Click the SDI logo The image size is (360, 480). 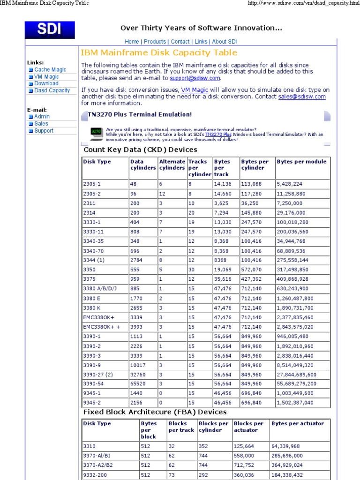(x=50, y=30)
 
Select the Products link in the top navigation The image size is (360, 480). (x=155, y=42)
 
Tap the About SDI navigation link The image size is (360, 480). (x=225, y=42)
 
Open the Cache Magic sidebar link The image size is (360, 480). (x=50, y=69)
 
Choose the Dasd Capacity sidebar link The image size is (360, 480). (x=52, y=90)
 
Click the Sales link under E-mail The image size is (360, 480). (x=41, y=124)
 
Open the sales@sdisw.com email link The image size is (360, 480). (x=301, y=97)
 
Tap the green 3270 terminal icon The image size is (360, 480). (x=96, y=132)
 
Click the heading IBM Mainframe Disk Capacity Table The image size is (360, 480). (x=159, y=53)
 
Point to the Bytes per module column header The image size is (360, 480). (x=301, y=162)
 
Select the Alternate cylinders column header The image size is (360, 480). (x=172, y=165)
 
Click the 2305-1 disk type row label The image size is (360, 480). (x=92, y=184)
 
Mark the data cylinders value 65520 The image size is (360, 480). (x=138, y=384)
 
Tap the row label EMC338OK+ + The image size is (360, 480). (x=102, y=327)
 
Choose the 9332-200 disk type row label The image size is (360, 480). (x=95, y=475)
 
